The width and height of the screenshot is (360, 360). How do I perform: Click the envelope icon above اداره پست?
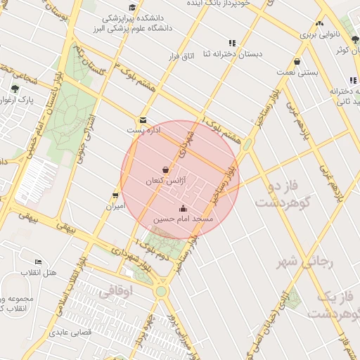point(143,120)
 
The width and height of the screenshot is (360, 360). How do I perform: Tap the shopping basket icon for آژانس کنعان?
point(165,170)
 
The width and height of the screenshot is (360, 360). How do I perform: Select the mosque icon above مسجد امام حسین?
point(184,208)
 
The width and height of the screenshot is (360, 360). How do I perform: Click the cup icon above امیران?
point(115,195)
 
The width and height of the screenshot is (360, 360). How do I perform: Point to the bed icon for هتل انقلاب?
point(38,262)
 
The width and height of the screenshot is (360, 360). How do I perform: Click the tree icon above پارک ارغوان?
point(15,89)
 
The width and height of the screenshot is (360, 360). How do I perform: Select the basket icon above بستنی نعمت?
point(297,61)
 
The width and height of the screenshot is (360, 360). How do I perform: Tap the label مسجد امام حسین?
point(184,219)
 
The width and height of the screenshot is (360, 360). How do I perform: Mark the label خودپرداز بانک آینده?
point(225,4)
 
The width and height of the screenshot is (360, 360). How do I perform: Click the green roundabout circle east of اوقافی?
point(162,290)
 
